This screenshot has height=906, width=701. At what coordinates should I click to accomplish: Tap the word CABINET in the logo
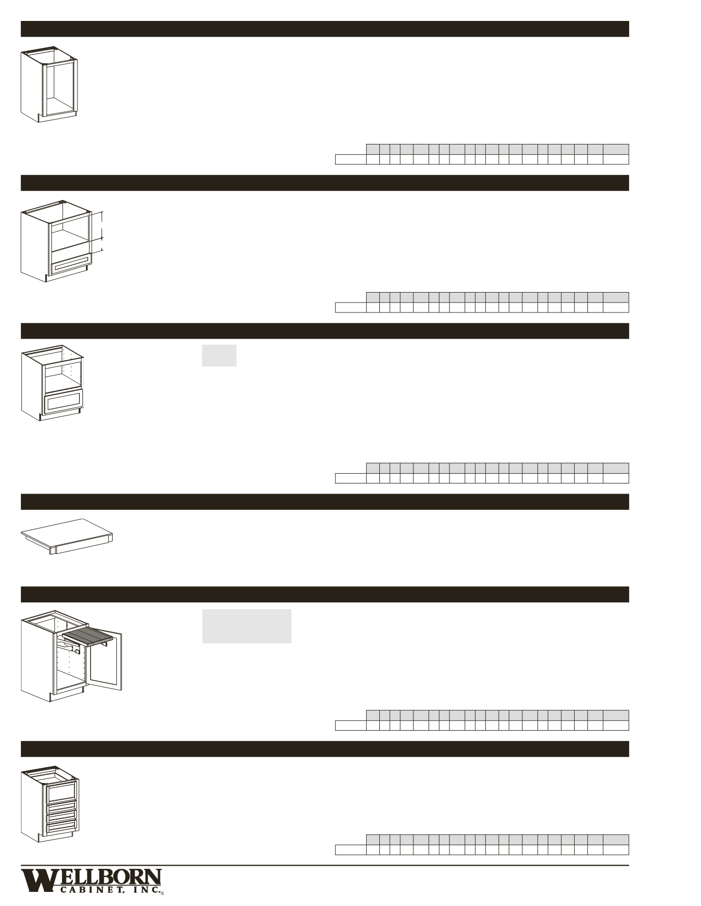pyautogui.click(x=92, y=891)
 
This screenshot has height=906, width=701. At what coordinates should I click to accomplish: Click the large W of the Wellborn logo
pyautogui.click(x=37, y=880)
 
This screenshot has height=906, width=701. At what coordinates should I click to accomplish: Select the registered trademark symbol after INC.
pyautogui.click(x=162, y=893)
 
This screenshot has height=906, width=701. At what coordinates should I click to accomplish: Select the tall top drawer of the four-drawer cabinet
pyautogui.click(x=62, y=792)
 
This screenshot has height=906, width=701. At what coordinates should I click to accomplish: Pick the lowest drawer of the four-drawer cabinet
pyautogui.click(x=62, y=827)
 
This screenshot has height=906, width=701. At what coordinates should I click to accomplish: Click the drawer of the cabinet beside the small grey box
pyautogui.click(x=64, y=402)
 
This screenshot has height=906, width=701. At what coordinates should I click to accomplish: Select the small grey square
pyautogui.click(x=219, y=355)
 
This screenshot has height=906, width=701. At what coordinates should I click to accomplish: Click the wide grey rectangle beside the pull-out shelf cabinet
pyautogui.click(x=247, y=626)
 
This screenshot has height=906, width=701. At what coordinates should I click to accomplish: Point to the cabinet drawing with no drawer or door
pyautogui.click(x=49, y=84)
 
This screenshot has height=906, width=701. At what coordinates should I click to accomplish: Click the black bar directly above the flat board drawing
pyautogui.click(x=325, y=502)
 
